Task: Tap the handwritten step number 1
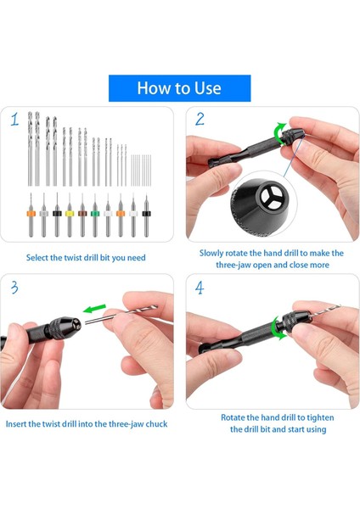coord(14,120)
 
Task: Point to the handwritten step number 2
coord(200,119)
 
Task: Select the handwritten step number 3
coord(14,288)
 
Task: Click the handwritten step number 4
coord(200,288)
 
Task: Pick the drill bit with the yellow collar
coord(70,215)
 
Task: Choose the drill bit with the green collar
coord(94,215)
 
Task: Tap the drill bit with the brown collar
coord(82,215)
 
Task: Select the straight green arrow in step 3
coord(94,309)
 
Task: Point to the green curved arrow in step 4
coord(277,328)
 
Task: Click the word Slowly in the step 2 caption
coord(211,253)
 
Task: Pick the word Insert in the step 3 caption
coord(16,424)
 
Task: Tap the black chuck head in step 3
coord(65,327)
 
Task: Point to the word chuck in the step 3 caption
coord(156,424)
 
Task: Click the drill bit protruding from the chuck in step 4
coord(323,310)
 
